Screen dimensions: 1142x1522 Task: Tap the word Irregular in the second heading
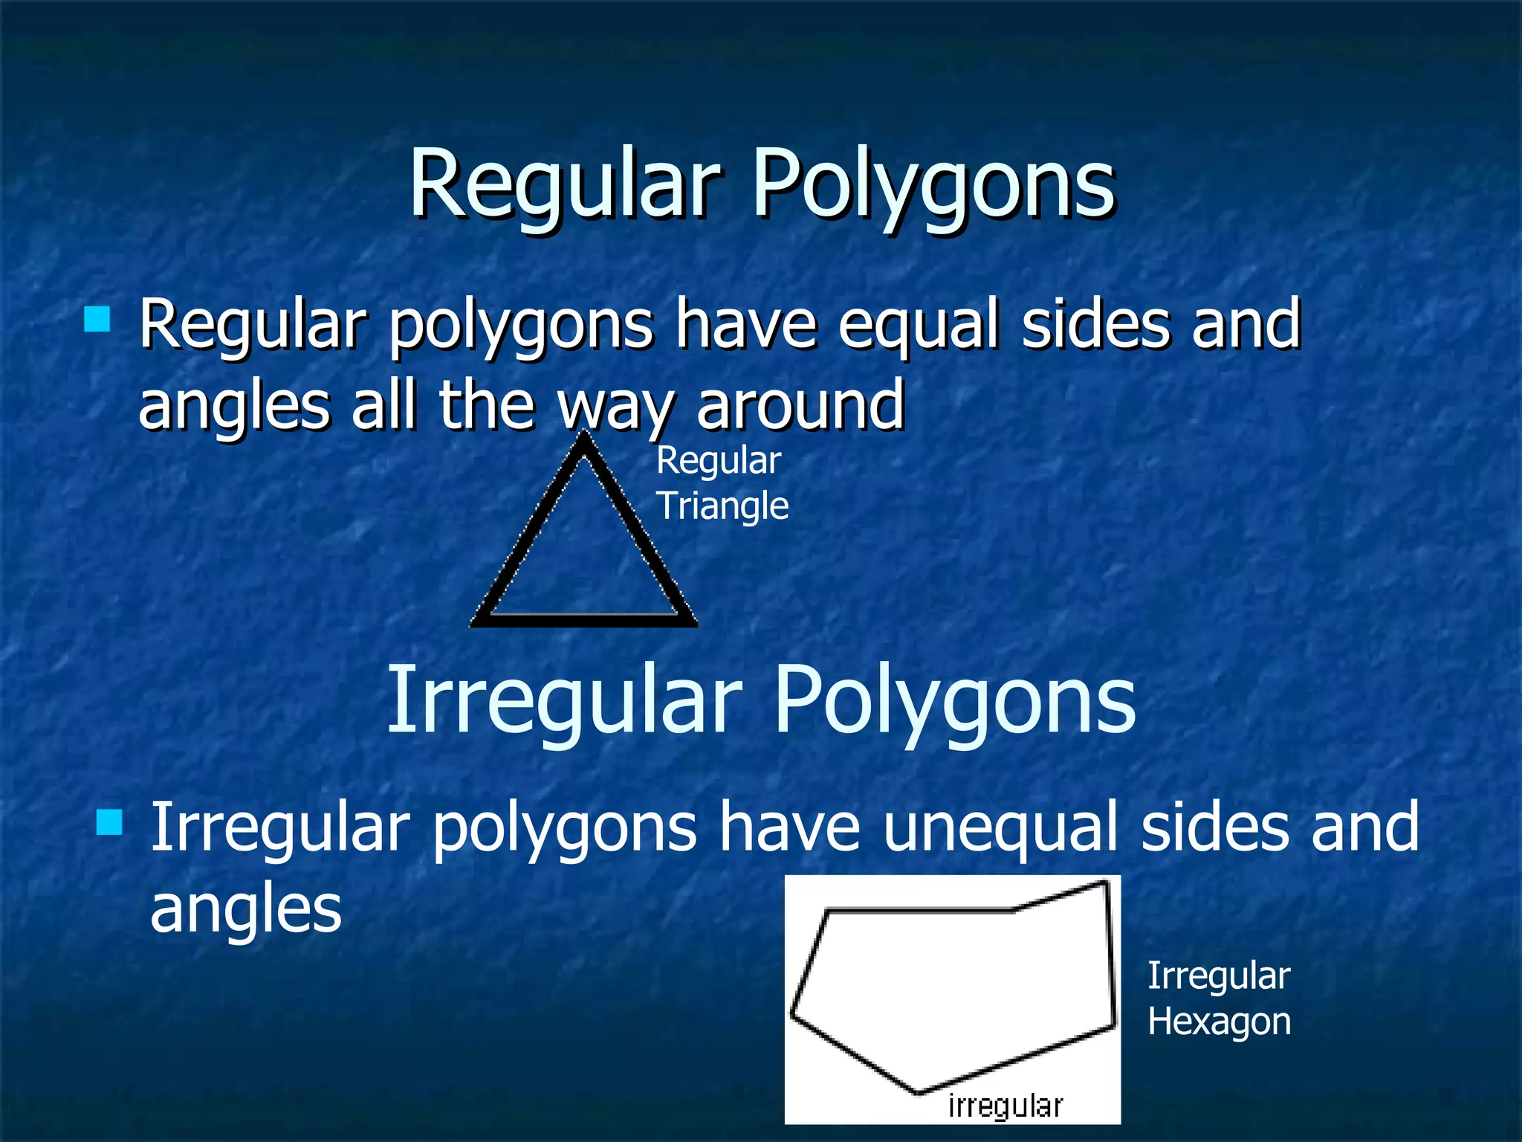click(565, 700)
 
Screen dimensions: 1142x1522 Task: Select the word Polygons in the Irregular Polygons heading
click(954, 700)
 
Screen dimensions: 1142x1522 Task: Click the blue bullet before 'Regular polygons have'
click(97, 319)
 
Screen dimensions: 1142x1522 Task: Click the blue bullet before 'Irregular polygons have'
click(109, 823)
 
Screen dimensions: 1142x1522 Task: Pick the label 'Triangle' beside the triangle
click(722, 506)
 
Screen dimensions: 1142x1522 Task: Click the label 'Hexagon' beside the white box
click(1219, 1022)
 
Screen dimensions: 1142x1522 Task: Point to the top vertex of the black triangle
click(585, 440)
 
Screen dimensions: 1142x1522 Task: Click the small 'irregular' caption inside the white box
click(1006, 1106)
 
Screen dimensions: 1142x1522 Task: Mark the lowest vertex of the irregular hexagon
click(918, 1091)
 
